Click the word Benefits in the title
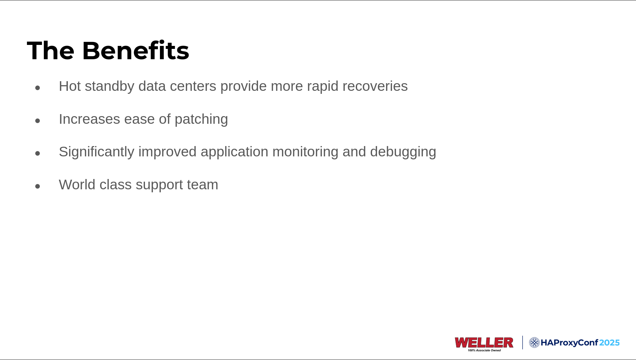tap(136, 51)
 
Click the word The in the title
tap(51, 51)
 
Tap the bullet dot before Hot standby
tap(38, 88)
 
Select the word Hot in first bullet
tap(70, 86)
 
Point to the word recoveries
tap(375, 86)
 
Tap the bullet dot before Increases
tap(38, 121)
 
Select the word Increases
tap(89, 119)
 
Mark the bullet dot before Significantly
tap(38, 153)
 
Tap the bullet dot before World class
tap(38, 186)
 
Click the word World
tap(77, 185)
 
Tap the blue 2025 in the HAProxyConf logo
tap(609, 343)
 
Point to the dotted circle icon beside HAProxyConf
tap(534, 343)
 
